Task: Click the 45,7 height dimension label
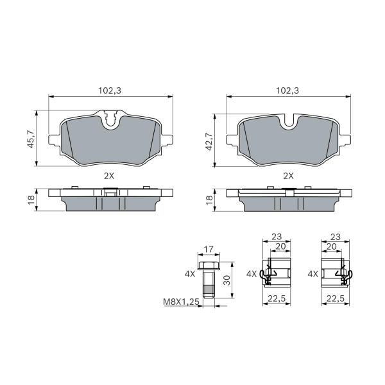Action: coord(31,139)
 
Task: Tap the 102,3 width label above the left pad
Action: coord(110,90)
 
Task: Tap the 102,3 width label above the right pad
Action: coord(287,90)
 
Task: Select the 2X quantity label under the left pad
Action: coord(109,176)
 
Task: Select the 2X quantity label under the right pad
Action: coord(288,176)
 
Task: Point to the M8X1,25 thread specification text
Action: coord(181,302)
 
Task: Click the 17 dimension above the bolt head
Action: coord(209,250)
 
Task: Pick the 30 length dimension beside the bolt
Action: coord(227,280)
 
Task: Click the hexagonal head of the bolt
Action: coord(209,266)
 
